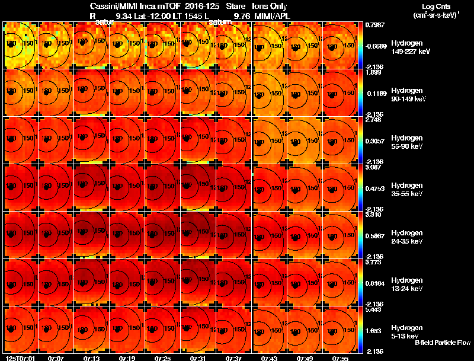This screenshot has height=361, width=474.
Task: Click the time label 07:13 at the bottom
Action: [x=91, y=357]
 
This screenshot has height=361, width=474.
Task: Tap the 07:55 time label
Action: [x=340, y=357]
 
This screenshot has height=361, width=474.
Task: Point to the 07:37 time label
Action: [x=233, y=357]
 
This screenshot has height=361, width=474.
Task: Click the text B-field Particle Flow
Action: [x=443, y=343]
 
